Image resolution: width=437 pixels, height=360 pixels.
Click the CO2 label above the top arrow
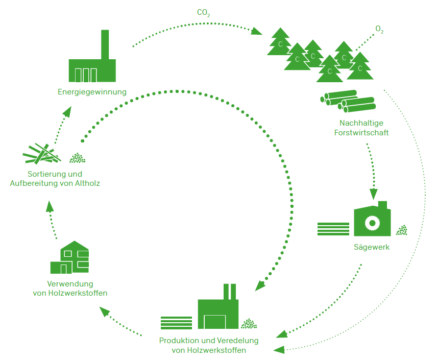[x=204, y=13]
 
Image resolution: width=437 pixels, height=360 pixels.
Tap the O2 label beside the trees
[x=379, y=29]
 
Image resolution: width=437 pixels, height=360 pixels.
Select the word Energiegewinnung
[x=92, y=92]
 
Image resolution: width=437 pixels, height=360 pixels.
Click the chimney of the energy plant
[x=105, y=44]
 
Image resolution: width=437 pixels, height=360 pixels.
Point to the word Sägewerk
[x=372, y=247]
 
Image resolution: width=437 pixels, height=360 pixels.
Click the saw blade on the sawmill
[x=372, y=223]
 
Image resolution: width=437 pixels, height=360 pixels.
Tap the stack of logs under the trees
[x=348, y=101]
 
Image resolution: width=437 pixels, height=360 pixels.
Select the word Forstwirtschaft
[x=361, y=133]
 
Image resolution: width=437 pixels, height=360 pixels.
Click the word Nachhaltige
[x=361, y=123]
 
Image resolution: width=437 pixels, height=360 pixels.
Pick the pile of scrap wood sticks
[x=42, y=154]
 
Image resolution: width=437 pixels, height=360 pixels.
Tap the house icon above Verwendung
[x=69, y=257]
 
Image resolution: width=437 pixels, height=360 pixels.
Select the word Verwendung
[x=70, y=284]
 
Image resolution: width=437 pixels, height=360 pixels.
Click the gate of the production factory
[x=214, y=322]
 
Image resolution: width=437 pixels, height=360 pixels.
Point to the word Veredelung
[x=238, y=341]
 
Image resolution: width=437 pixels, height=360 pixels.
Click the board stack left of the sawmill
[x=333, y=229]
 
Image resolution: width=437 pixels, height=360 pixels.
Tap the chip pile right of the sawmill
[x=402, y=230]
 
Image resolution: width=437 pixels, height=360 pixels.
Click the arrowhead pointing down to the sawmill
[x=374, y=194]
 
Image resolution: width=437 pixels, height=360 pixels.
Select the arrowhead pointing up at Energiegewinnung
[x=67, y=111]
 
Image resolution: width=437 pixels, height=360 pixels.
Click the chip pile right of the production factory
[x=249, y=323]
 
